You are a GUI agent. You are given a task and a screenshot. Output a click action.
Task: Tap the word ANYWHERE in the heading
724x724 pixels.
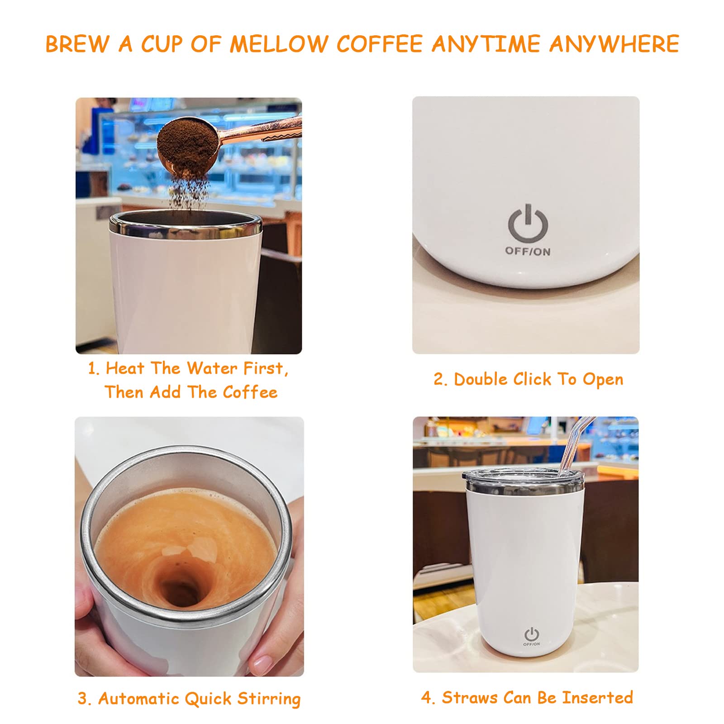click(614, 44)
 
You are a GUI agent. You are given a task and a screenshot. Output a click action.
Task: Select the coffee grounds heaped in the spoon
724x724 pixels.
click(186, 138)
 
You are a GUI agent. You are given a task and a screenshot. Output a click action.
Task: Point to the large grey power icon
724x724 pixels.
click(528, 223)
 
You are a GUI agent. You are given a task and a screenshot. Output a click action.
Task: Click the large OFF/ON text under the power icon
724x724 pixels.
click(528, 252)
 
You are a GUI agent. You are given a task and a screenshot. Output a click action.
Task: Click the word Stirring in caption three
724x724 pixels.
click(269, 699)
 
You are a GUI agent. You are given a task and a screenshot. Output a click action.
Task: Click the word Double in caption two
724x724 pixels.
click(481, 379)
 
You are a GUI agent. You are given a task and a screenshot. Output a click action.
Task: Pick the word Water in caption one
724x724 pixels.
click(212, 368)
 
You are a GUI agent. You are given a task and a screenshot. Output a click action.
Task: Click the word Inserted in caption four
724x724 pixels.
click(597, 697)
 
